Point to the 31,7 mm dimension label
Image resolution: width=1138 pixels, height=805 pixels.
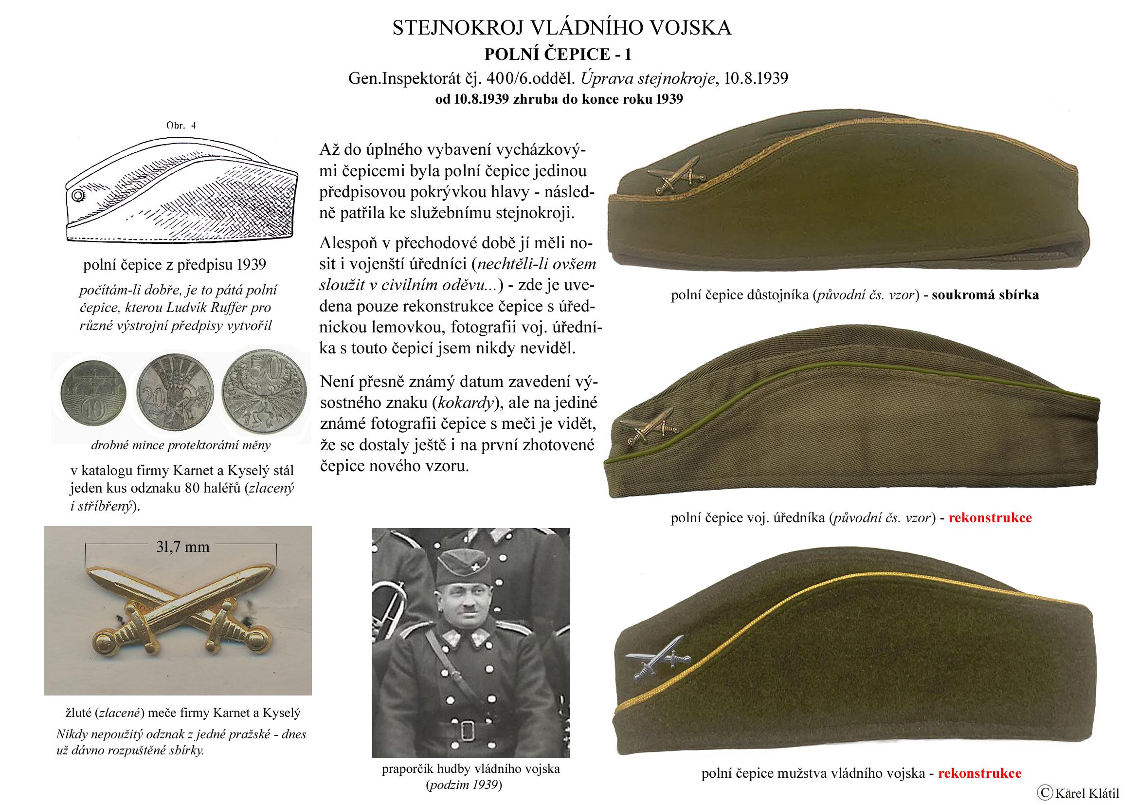coord(182,547)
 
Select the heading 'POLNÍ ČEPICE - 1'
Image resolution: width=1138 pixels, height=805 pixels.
coord(561,54)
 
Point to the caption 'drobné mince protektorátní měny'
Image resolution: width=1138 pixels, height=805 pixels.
coord(181,445)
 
